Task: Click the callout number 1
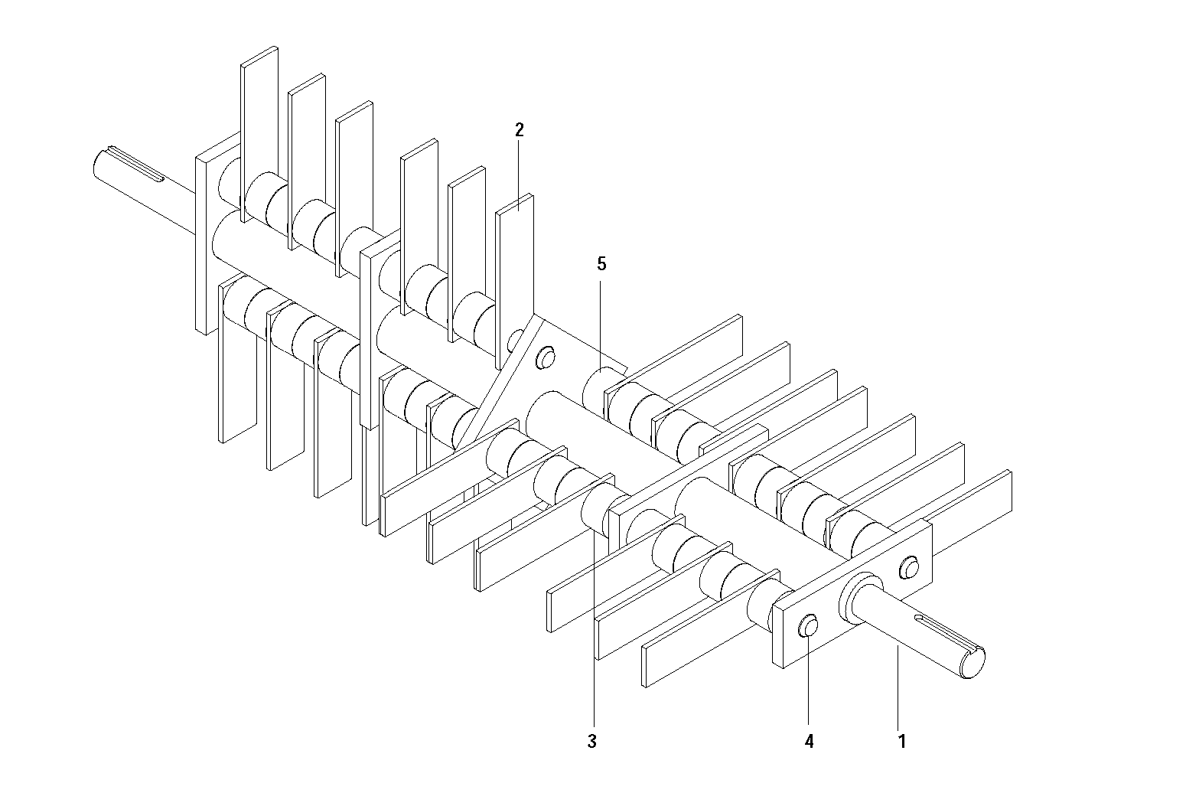pos(902,741)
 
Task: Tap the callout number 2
pos(520,129)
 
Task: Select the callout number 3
pos(591,741)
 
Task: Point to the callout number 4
pos(809,741)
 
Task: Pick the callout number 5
pos(601,263)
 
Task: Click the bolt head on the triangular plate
pos(546,357)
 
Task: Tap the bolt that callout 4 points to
pos(808,625)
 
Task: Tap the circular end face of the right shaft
pos(973,664)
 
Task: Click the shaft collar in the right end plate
pos(859,599)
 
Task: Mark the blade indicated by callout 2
pos(514,279)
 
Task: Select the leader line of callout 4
pos(808,680)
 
